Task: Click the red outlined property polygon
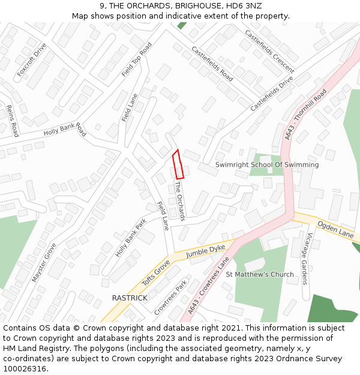178,164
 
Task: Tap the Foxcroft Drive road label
32,59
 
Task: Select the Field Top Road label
137,59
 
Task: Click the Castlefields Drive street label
272,93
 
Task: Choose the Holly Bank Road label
65,130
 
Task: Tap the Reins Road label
12,120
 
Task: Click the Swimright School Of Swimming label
267,164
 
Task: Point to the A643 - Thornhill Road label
305,115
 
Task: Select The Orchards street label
180,200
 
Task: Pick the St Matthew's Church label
260,274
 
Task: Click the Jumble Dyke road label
205,251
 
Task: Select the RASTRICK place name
130,298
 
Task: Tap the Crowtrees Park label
170,296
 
